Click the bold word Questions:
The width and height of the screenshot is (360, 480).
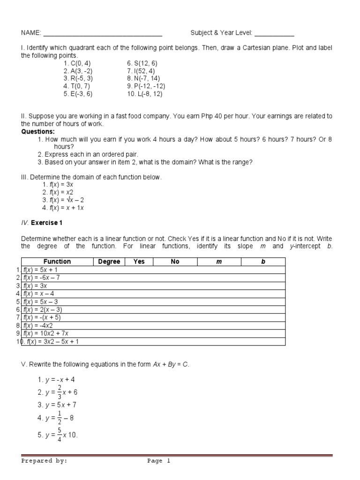pos(38,132)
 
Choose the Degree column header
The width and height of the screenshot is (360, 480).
pos(109,262)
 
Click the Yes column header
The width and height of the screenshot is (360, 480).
pos(139,262)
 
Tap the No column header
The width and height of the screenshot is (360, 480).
pos(175,262)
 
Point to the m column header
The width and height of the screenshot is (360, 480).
pos(218,262)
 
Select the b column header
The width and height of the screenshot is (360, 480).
pos(263,262)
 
